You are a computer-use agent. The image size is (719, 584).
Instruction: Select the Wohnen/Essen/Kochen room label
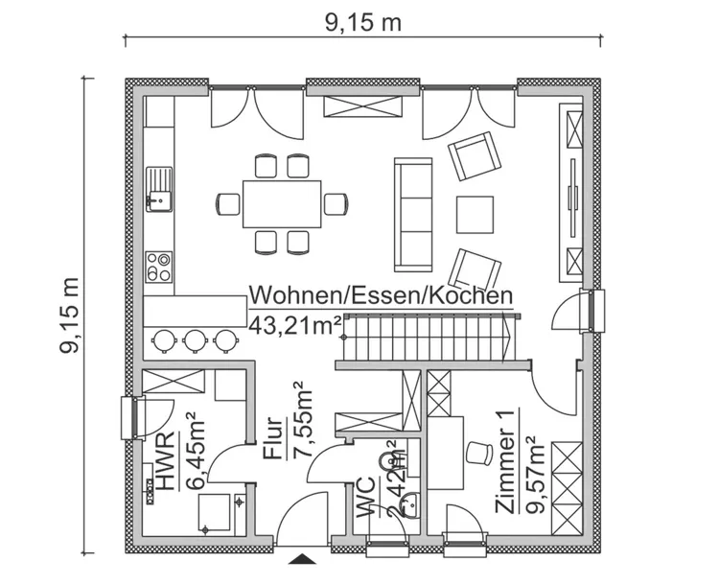pos(380,296)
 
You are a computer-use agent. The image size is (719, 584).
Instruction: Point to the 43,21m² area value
pos(295,324)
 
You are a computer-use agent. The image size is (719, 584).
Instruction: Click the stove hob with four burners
pos(157,265)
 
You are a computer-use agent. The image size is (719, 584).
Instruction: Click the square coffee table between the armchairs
pos(475,213)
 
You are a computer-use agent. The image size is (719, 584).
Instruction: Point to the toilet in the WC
pos(391,464)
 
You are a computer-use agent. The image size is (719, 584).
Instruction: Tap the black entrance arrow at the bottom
pos(303,559)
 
